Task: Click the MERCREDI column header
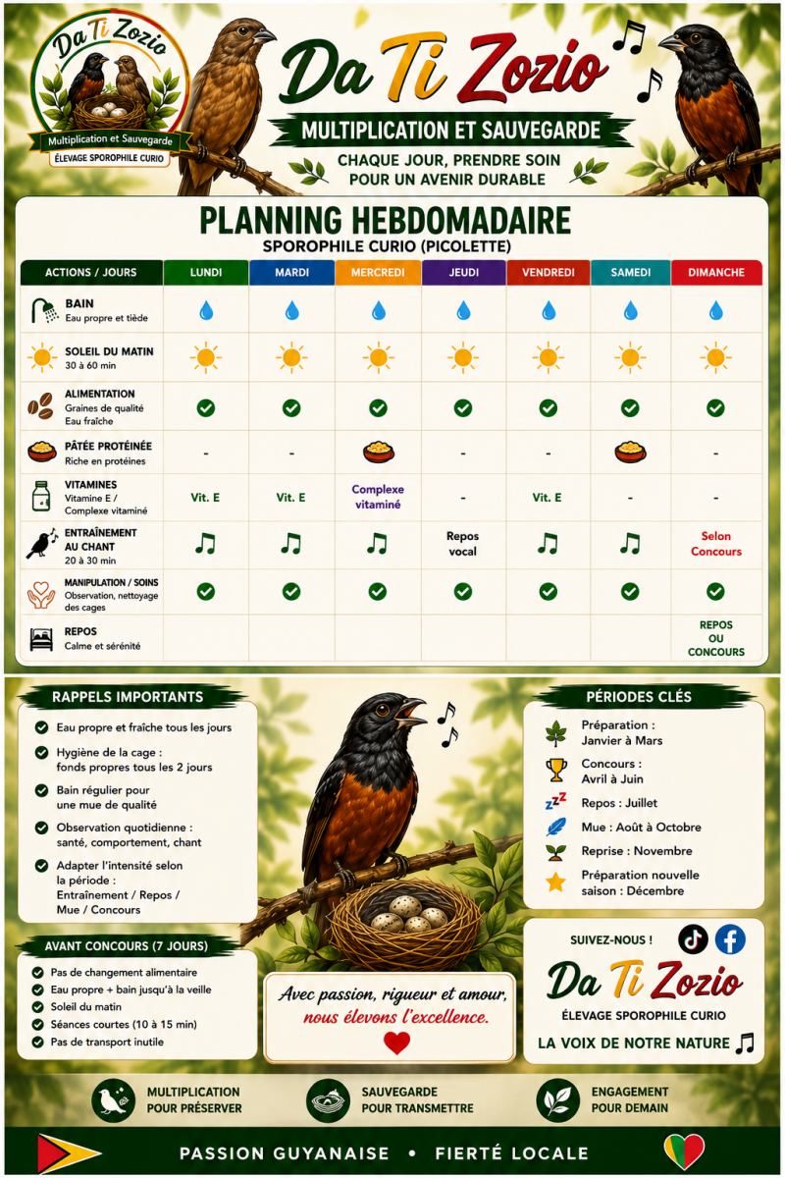(378, 273)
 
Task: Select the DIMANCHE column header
(716, 273)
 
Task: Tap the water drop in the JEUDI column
(463, 310)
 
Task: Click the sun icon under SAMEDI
(630, 357)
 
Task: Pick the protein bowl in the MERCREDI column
(378, 452)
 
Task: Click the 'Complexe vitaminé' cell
(378, 497)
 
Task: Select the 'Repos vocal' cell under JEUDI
(463, 544)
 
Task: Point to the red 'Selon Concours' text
(716, 544)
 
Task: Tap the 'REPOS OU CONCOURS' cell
(716, 638)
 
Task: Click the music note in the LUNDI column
(206, 543)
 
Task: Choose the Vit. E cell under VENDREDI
(547, 498)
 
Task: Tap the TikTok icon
(693, 938)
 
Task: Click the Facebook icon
(730, 938)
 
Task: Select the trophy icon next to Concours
(556, 771)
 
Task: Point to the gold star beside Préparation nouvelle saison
(555, 882)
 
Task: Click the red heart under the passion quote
(396, 1043)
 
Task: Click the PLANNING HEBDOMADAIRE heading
(386, 220)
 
